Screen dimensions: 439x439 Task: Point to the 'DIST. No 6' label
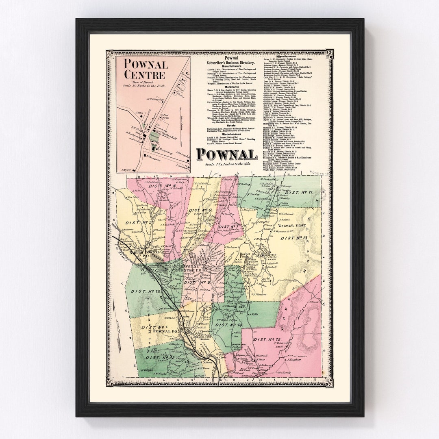[201, 210]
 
